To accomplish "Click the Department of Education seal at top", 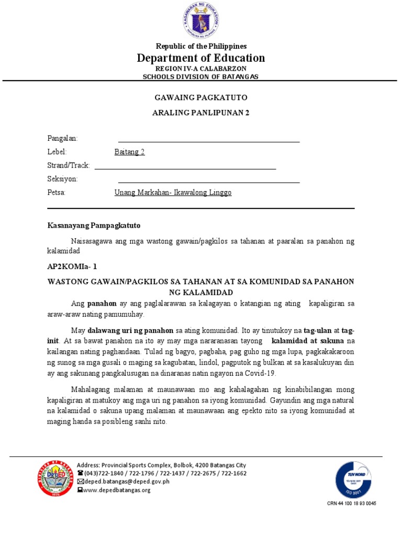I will (201, 21).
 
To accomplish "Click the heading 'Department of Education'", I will (201, 58).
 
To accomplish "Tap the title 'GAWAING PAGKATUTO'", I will (201, 98).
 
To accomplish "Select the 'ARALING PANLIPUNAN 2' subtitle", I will (201, 113).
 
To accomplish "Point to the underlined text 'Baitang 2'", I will (129, 152).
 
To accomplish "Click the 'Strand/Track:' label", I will (69, 166).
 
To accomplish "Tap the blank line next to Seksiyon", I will (209, 182).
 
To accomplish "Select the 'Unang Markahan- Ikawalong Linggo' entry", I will (173, 193).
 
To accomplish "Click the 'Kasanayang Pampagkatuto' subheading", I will (94, 225).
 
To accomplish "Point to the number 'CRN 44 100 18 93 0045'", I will (352, 504).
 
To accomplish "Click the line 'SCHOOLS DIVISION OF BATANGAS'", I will (201, 76).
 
